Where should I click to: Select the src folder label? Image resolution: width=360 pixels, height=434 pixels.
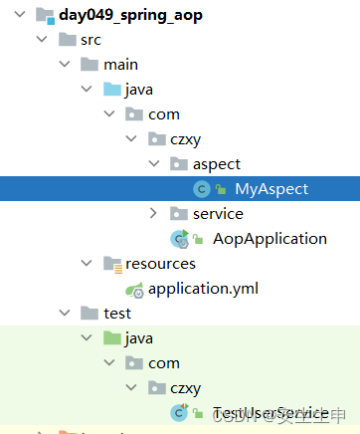coord(90,40)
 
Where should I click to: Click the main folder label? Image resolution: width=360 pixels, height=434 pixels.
coord(120,65)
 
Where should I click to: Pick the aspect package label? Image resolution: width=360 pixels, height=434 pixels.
coord(217,164)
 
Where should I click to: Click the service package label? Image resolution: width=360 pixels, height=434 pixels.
coord(218,214)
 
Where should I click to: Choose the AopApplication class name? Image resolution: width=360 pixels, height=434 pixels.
coord(270,239)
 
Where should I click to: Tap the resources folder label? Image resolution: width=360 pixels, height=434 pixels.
coord(160,264)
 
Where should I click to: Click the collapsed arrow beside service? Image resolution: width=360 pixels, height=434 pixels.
coord(152,214)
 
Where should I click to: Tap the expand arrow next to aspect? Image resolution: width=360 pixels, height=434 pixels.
coord(152,164)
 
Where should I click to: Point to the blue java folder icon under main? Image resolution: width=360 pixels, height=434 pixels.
coord(110,90)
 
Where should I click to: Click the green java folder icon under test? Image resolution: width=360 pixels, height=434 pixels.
coord(110,338)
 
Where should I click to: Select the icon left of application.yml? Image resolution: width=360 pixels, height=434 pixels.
coord(134,290)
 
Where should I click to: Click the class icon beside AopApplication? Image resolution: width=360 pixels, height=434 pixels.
coord(180,239)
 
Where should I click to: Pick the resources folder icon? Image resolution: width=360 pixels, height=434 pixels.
coord(110,264)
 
